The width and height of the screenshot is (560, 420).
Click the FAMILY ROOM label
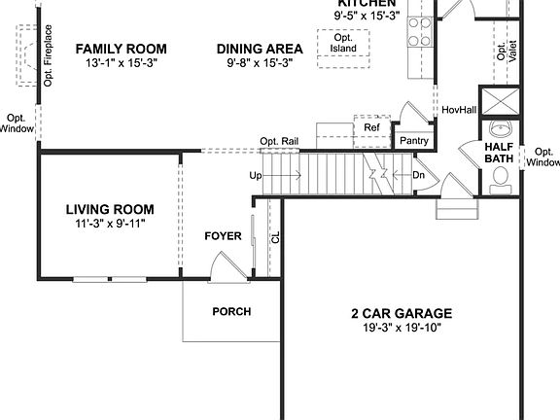point(121,49)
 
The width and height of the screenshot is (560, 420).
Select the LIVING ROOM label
point(110,209)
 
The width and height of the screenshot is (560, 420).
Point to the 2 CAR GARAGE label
point(402,313)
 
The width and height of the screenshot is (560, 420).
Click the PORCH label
point(231,312)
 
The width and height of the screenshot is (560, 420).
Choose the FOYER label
point(223,236)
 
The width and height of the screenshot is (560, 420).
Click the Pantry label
point(414,141)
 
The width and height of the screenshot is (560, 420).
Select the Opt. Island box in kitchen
point(343,44)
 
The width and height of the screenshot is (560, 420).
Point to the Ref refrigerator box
point(371,127)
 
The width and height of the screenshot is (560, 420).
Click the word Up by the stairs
point(256,176)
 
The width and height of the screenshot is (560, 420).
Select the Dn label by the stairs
point(419,176)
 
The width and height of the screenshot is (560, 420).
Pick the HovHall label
point(459,110)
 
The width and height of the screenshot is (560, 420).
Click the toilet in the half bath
point(502,177)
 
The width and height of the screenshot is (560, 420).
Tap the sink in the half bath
point(502,129)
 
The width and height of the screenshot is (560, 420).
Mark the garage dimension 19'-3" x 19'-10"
point(402,328)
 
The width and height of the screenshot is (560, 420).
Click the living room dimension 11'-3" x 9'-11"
point(110,224)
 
